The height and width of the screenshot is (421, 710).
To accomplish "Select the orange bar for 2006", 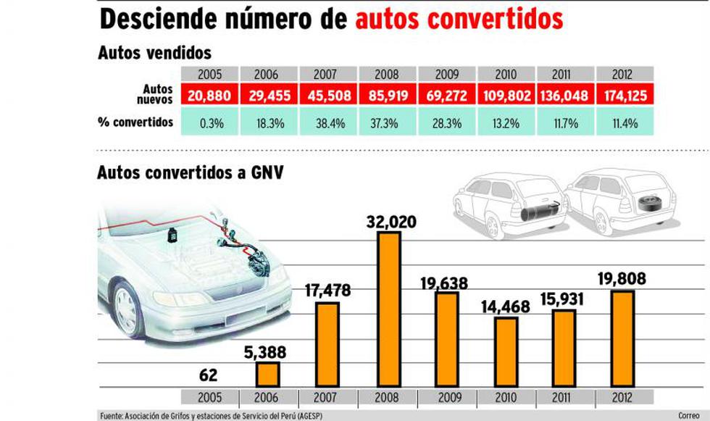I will point(267,374).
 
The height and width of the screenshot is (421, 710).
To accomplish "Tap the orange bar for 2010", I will point(506,351).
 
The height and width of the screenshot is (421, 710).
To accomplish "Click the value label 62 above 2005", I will point(208,375).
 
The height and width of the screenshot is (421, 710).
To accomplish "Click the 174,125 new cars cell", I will point(625,95).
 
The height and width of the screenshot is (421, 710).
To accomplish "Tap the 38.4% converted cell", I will point(327,123).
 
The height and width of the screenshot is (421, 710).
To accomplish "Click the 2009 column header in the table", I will point(446,74).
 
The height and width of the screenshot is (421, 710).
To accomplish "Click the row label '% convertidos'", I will point(135,122).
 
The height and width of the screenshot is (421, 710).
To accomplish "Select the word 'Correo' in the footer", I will point(688,415).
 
